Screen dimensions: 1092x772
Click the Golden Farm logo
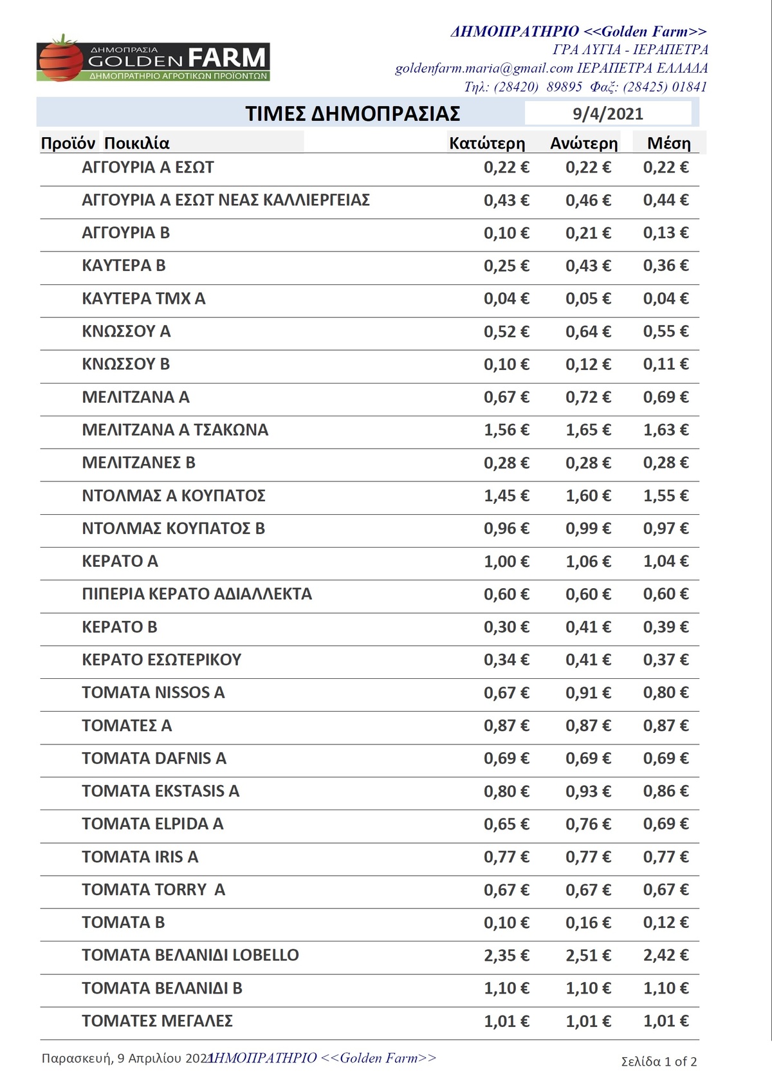(x=153, y=59)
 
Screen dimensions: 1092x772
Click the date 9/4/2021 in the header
(x=607, y=114)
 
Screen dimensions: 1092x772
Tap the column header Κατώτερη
(x=487, y=143)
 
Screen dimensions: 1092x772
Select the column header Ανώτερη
(x=584, y=143)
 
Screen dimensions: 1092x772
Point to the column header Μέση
(x=668, y=143)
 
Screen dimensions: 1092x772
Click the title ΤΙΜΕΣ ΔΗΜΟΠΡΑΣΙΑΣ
(x=353, y=114)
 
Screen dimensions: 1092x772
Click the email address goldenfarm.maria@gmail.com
(x=484, y=68)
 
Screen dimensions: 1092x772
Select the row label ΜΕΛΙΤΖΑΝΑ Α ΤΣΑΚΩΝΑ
(x=175, y=430)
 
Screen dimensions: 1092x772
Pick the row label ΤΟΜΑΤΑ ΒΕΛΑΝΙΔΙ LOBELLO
(x=190, y=955)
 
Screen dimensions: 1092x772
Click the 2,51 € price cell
(x=588, y=956)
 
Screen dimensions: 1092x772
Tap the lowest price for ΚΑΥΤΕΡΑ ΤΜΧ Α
(x=506, y=299)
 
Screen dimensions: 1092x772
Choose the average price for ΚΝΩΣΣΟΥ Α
(x=665, y=331)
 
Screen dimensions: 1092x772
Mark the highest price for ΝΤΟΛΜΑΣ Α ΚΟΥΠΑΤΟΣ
(x=588, y=496)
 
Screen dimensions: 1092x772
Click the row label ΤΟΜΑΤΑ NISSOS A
(x=153, y=692)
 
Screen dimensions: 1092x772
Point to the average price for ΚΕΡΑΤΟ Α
(x=665, y=562)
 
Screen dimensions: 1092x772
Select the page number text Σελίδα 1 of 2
(x=659, y=1061)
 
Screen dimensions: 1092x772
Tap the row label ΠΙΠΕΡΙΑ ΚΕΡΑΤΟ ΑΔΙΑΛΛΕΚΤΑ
(x=197, y=594)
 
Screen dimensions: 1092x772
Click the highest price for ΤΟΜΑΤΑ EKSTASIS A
(x=588, y=791)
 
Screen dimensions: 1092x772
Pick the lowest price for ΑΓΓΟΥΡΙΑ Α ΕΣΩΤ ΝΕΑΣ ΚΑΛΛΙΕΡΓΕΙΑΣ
(x=506, y=200)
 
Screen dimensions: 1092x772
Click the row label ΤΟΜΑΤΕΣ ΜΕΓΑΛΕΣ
(x=157, y=1021)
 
